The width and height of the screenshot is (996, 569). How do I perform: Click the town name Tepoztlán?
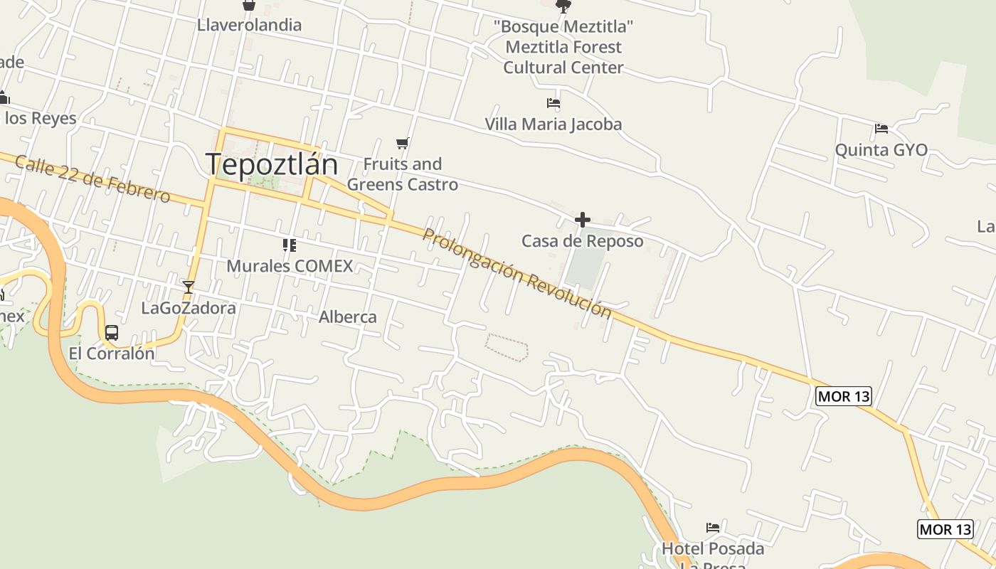pyautogui.click(x=272, y=164)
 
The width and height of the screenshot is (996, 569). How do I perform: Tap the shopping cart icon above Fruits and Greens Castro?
pyautogui.click(x=403, y=144)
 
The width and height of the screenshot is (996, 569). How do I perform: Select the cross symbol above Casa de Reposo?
pyautogui.click(x=583, y=220)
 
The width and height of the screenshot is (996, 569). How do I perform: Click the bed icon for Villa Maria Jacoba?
pyautogui.click(x=553, y=103)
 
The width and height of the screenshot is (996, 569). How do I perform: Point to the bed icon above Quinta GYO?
pyautogui.click(x=881, y=129)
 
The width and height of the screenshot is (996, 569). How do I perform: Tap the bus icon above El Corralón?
pyautogui.click(x=112, y=332)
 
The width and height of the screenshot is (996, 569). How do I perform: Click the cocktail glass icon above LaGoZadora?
pyautogui.click(x=189, y=287)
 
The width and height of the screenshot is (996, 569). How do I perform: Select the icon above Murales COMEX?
pyautogui.click(x=289, y=245)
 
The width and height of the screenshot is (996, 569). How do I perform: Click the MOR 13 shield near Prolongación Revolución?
pyautogui.click(x=843, y=396)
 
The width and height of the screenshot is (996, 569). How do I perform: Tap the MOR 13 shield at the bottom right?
pyautogui.click(x=945, y=529)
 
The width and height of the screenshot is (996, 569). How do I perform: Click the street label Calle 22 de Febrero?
pyautogui.click(x=92, y=179)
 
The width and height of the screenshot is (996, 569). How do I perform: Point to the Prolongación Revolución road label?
pyautogui.click(x=516, y=273)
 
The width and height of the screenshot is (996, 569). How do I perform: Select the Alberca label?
pyautogui.click(x=348, y=317)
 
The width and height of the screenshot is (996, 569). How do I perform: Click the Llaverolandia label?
pyautogui.click(x=249, y=26)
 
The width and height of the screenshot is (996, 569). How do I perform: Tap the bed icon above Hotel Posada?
pyautogui.click(x=713, y=528)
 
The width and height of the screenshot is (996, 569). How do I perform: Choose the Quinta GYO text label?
pyautogui.click(x=881, y=150)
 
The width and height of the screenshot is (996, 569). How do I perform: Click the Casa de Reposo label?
pyautogui.click(x=583, y=241)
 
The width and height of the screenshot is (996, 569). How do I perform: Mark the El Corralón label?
pyautogui.click(x=112, y=353)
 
